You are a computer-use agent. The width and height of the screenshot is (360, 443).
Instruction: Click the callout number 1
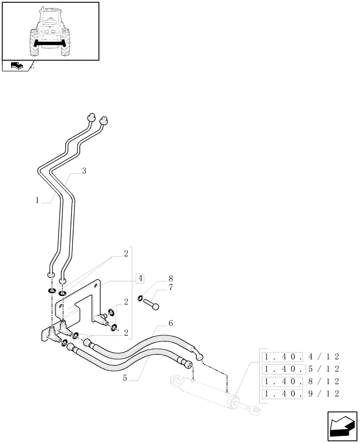point(38,200)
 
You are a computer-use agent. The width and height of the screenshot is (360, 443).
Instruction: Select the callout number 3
point(84,171)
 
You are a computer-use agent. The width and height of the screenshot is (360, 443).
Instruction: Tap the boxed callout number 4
point(140,279)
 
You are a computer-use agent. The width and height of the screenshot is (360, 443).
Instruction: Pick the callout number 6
point(171,324)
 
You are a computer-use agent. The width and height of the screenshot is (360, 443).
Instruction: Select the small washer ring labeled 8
point(141,298)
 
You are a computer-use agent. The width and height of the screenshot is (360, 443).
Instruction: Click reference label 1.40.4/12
point(301,356)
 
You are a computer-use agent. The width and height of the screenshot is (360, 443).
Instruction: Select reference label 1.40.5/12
point(301,369)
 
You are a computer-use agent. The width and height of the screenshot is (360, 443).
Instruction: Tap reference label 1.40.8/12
point(301,381)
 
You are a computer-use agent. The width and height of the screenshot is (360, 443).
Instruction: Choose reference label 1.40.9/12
point(301,393)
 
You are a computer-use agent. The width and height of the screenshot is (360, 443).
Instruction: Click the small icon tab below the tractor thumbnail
point(16,66)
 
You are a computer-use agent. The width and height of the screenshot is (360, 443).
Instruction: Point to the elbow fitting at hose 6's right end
point(199,353)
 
